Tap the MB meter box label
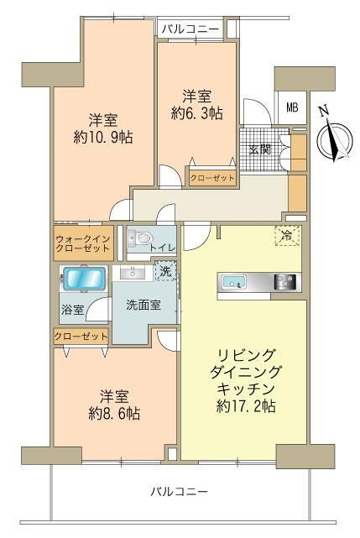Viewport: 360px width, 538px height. (x=291, y=107)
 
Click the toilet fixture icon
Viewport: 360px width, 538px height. (x=138, y=240)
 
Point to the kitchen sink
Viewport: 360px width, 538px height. (x=232, y=282)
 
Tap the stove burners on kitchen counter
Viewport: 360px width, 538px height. (x=286, y=282)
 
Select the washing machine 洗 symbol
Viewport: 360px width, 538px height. (x=166, y=271)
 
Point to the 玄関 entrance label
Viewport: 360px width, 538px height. (x=259, y=150)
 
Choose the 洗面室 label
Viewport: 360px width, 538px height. (x=143, y=306)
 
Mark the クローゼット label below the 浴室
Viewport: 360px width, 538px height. (x=81, y=336)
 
